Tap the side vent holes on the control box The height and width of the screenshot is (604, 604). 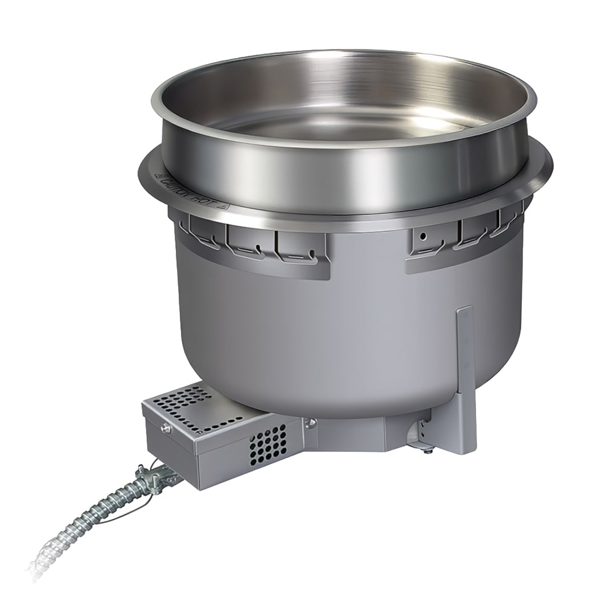(x=268, y=445)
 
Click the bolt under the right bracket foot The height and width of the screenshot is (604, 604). (x=428, y=450)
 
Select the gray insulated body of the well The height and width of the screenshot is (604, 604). (x=314, y=338)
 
